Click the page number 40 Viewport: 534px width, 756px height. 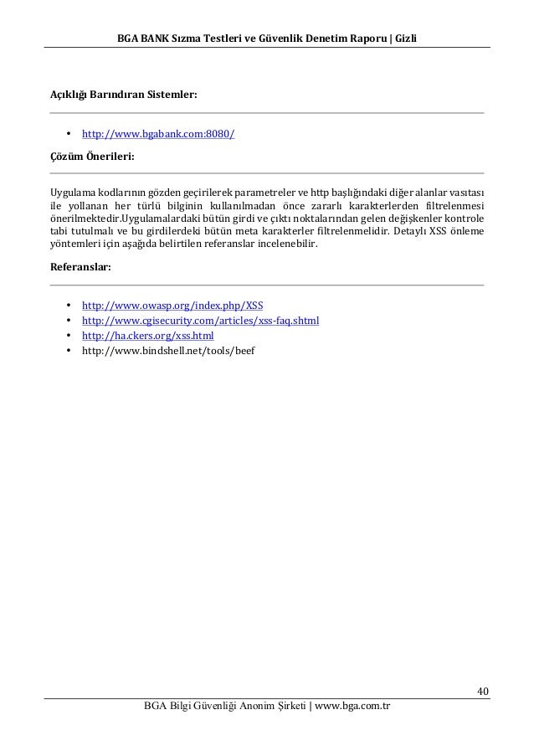tap(483, 691)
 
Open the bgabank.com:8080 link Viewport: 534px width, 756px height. tap(157, 134)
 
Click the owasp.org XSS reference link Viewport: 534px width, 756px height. tap(172, 305)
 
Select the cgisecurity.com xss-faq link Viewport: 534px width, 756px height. tap(200, 320)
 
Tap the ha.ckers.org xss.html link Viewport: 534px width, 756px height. tap(147, 335)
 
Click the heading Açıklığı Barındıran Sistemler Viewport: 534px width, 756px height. tap(124, 95)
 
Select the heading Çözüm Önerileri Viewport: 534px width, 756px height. tap(92, 156)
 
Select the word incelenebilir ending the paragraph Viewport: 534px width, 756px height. tap(292, 244)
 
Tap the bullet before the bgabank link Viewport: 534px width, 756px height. tap(66, 134)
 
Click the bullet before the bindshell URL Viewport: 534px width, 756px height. tap(66, 350)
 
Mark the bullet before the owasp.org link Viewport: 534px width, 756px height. tap(66, 305)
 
